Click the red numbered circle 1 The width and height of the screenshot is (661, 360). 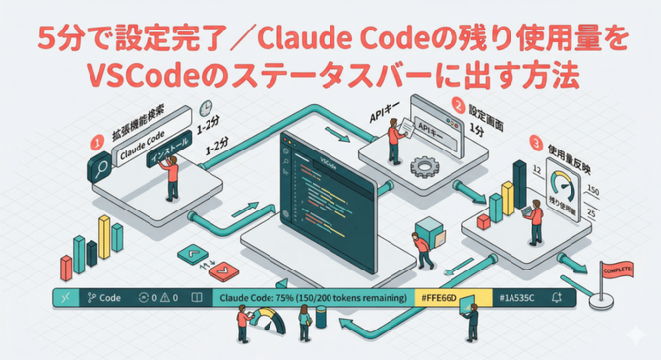(96, 141)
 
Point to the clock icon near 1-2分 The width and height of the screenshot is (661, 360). (206, 107)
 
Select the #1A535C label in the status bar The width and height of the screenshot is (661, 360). (517, 296)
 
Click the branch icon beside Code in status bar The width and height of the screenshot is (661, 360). (90, 296)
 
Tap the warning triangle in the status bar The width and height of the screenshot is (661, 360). (164, 296)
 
